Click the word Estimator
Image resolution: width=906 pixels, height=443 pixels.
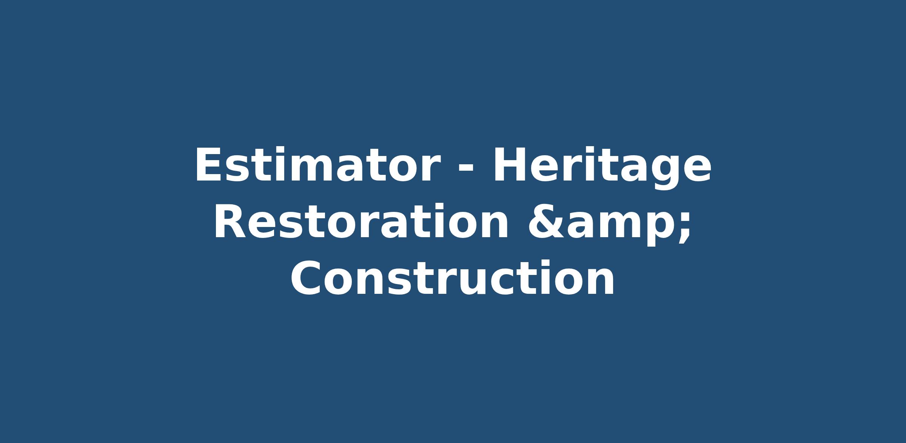click(x=317, y=165)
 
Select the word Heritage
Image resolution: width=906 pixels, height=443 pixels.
click(x=602, y=168)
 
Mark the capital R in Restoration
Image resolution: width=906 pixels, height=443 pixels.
click(x=230, y=222)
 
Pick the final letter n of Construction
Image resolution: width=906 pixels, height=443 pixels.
click(x=600, y=282)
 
